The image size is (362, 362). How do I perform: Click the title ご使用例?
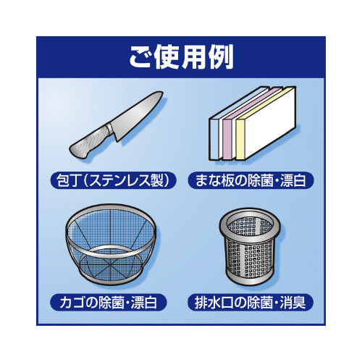point(181,57)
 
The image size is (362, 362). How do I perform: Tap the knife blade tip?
point(162,92)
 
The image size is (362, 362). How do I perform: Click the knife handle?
point(89,143)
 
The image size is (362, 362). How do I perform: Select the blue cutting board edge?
point(214,139)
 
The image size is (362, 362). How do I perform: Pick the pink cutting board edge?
point(227,140)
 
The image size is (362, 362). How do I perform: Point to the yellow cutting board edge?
point(240,140)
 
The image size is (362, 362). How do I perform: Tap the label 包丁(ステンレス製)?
point(113,180)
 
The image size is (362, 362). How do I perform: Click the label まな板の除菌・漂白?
point(251,180)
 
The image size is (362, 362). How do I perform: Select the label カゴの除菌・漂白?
point(109,303)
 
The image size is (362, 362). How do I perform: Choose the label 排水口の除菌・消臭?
point(251,303)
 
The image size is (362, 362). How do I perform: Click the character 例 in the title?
point(221,57)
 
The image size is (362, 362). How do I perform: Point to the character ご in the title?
point(141,57)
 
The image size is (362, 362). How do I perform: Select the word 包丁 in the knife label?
point(67,180)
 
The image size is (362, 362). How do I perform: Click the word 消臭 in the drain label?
point(292,303)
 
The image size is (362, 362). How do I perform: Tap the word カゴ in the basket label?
point(72,303)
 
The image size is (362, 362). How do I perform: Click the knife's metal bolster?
point(110,129)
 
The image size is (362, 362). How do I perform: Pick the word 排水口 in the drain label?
point(214,303)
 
